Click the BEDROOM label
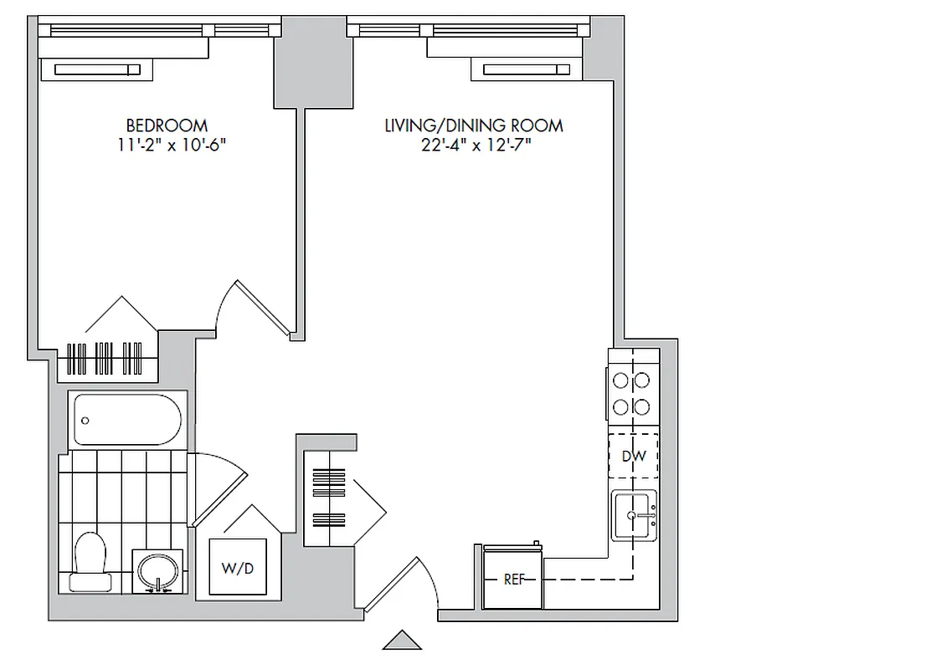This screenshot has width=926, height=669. pos(166,125)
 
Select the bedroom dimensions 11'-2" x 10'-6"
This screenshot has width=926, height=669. pos(172,145)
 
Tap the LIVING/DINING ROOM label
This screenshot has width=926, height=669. pos(473,125)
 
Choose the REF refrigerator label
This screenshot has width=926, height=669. pos(512,579)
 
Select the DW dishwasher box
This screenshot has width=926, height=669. pos(633,457)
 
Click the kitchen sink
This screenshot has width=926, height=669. pos(634,515)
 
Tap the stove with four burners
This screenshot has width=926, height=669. pos(631,394)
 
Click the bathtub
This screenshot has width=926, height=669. pos(127,420)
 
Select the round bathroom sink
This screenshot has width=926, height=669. pos(157,571)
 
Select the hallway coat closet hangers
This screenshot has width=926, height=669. pos(328,493)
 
